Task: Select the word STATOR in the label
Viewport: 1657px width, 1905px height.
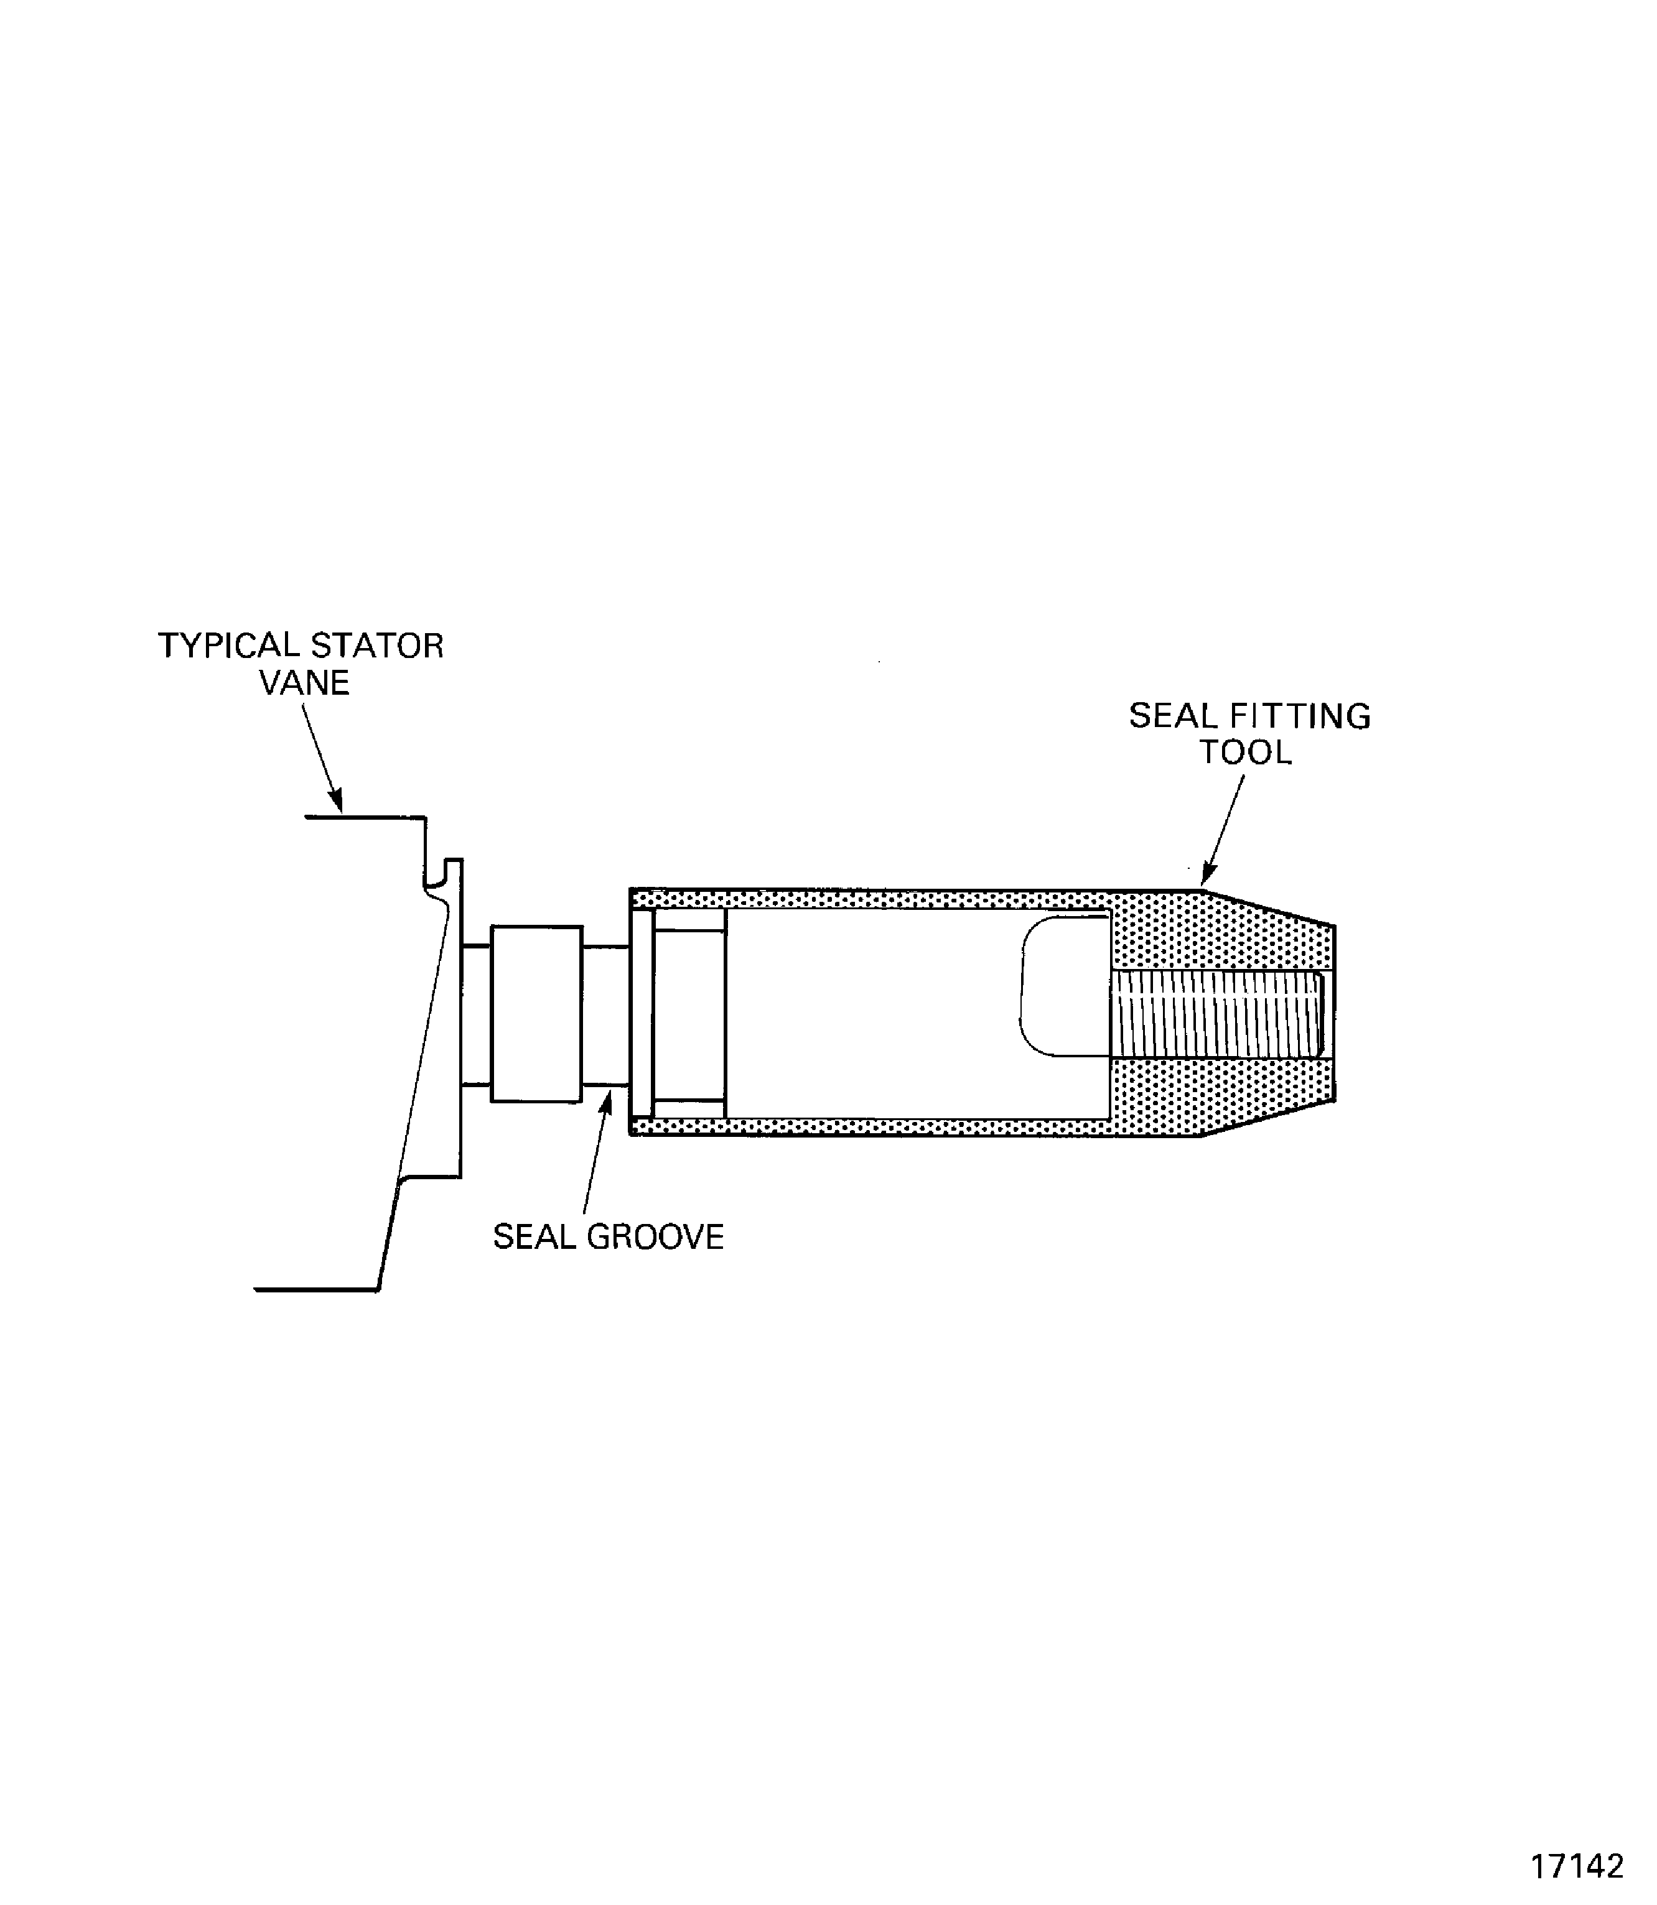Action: point(377,645)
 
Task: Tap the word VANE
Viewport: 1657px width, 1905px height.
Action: point(304,683)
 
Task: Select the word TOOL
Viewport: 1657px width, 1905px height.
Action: point(1246,753)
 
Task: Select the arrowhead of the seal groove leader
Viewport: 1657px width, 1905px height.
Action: point(607,1101)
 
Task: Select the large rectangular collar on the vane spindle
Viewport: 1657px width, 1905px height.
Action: point(536,1014)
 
